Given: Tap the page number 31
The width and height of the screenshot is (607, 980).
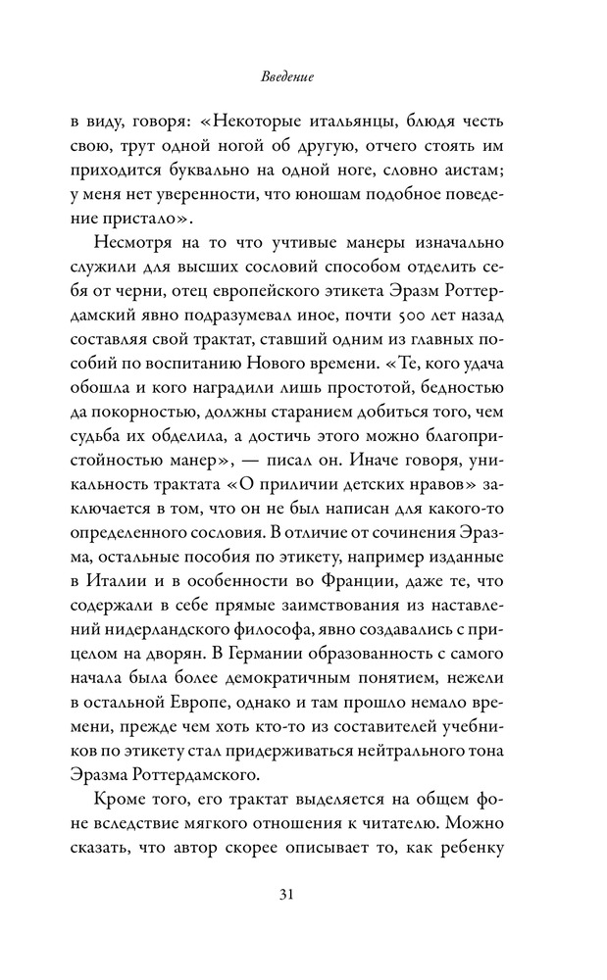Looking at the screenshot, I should [x=303, y=895].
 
